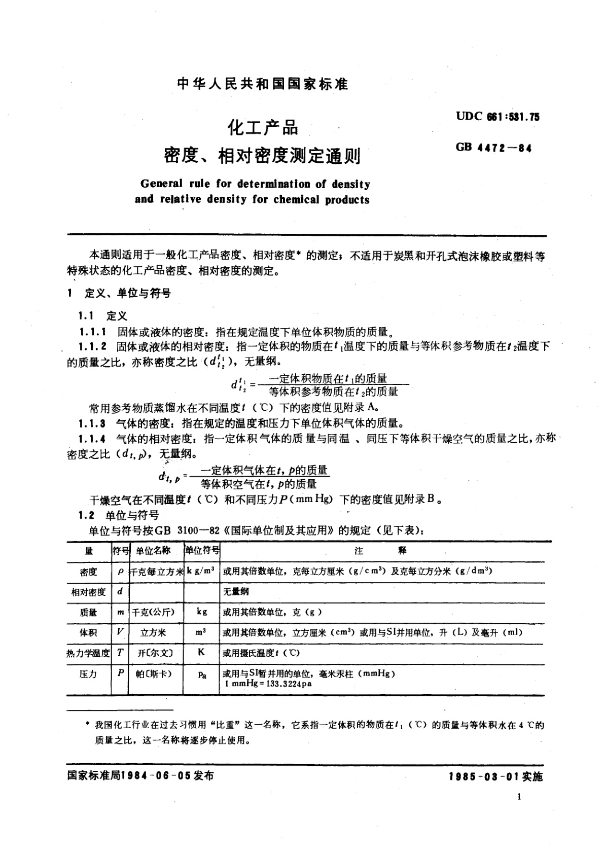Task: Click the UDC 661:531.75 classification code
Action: pos(498,117)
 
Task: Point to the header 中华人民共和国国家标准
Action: pos(263,84)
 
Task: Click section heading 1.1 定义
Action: pos(102,316)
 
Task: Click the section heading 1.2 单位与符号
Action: pos(118,515)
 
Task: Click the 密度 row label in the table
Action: pos(88,572)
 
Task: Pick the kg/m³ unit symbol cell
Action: pos(201,571)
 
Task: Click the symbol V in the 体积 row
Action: pos(120,632)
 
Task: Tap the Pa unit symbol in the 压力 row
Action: pos(201,674)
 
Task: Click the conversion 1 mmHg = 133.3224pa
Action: pos(268,684)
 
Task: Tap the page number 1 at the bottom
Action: pos(519,797)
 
